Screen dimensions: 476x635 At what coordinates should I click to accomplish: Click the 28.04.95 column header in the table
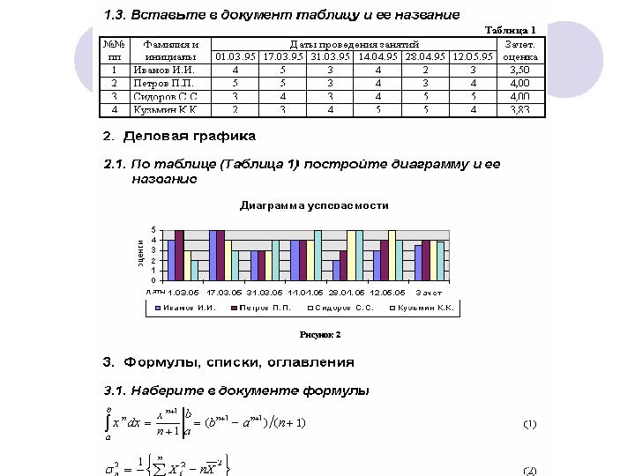(x=425, y=56)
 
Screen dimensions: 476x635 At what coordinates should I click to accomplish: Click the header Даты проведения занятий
(x=354, y=43)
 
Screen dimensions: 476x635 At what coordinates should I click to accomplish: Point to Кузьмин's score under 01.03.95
(x=235, y=110)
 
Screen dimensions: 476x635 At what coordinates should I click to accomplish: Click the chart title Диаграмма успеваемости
(x=314, y=205)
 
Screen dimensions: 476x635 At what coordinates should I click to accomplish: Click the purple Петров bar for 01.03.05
(x=179, y=256)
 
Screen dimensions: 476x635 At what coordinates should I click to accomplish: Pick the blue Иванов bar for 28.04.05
(x=336, y=271)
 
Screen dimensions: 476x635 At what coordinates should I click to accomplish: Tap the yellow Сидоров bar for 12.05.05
(x=391, y=256)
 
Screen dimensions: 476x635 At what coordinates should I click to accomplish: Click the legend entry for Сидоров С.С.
(x=345, y=309)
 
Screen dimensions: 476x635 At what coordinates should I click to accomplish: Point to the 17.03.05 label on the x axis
(x=224, y=292)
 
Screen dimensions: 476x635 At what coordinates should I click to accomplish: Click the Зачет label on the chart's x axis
(x=429, y=292)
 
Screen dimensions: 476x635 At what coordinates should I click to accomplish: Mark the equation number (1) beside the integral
(x=530, y=424)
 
